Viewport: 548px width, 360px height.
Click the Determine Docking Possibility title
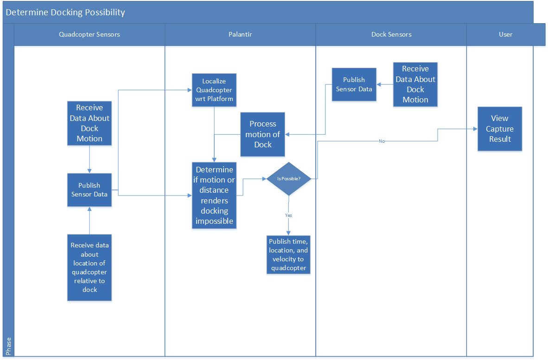pyautogui.click(x=65, y=13)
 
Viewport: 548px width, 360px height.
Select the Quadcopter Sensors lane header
pyautogui.click(x=89, y=34)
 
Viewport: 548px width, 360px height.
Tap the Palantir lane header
pyautogui.click(x=240, y=34)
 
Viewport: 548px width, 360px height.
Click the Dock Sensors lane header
pyautogui.click(x=391, y=34)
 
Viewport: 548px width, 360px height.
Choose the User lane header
pyautogui.click(x=505, y=34)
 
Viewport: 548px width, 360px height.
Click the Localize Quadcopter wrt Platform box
pyautogui.click(x=214, y=90)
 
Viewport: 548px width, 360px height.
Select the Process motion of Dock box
pyautogui.click(x=262, y=134)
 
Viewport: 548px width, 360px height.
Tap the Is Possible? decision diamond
pyautogui.click(x=288, y=179)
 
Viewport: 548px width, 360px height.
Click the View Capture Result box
pyautogui.click(x=500, y=129)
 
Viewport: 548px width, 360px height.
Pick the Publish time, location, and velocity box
pyautogui.click(x=288, y=255)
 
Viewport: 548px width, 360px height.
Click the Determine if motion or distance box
pyautogui.click(x=214, y=195)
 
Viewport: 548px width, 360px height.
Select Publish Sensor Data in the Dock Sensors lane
pyautogui.click(x=354, y=84)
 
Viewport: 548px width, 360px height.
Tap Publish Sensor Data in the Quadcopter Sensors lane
pyautogui.click(x=89, y=189)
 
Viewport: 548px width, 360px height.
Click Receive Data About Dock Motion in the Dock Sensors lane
pyautogui.click(x=415, y=84)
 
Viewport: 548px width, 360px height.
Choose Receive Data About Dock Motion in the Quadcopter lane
pyautogui.click(x=89, y=123)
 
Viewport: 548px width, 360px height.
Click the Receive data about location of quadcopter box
pyautogui.click(x=89, y=267)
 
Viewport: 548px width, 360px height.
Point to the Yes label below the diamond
pyautogui.click(x=288, y=215)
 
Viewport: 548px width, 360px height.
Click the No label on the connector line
pyautogui.click(x=382, y=141)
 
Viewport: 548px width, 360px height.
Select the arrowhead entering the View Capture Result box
pyautogui.click(x=475, y=129)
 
